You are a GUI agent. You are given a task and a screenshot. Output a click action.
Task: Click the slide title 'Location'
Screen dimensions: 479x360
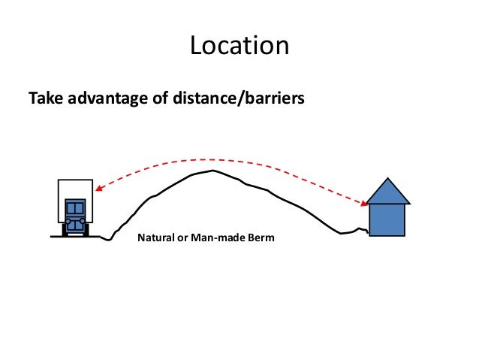coord(239,46)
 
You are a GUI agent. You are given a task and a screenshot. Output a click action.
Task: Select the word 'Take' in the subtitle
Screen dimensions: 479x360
coord(43,98)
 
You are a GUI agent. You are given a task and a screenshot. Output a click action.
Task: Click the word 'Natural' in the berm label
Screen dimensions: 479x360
coord(154,239)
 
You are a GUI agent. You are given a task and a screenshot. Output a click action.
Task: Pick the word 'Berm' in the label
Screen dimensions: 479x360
coord(261,239)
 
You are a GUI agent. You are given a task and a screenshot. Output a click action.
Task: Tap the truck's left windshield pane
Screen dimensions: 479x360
coord(71,208)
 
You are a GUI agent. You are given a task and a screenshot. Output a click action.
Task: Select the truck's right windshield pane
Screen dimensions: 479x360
coord(80,208)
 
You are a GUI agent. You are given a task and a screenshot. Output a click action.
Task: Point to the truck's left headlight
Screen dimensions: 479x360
coord(68,221)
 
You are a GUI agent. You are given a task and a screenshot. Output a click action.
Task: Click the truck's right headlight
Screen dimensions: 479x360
coord(83,221)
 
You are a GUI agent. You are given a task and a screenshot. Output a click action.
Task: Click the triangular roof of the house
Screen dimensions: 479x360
coord(387,192)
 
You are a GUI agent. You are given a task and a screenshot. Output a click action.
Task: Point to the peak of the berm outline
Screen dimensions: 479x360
coord(214,171)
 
